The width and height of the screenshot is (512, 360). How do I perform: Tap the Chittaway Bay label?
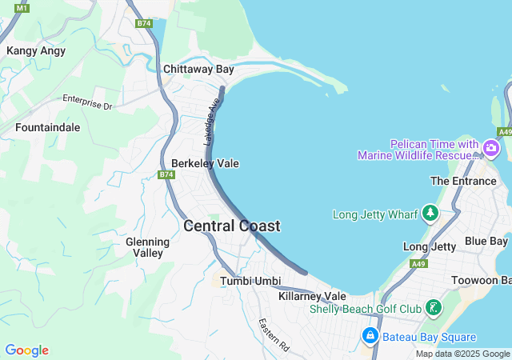coord(198,70)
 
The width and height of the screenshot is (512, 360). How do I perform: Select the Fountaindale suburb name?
coord(47,127)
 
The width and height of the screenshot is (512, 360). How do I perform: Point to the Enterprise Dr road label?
coord(88,102)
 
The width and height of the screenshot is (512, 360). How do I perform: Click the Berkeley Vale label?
coord(205,163)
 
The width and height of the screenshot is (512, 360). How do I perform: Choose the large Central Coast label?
coord(232,226)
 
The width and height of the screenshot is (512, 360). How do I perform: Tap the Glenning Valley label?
coord(147,247)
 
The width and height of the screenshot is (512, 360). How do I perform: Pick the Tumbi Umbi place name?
coord(250,281)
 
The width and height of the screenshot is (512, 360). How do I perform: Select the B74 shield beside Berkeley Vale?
coord(166,174)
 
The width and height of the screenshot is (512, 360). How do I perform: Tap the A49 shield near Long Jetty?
coord(418,263)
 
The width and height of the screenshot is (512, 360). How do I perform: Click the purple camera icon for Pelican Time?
coord(490,149)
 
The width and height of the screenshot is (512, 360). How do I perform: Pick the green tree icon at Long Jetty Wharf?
coord(430,214)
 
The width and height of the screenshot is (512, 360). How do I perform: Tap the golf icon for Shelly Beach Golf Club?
coord(434,308)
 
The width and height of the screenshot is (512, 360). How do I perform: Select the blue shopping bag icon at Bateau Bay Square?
coord(370,337)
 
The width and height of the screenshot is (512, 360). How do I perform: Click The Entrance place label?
coord(463,181)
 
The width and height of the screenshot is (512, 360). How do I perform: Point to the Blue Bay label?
coord(486,241)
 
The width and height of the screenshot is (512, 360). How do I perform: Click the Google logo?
coord(26,350)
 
